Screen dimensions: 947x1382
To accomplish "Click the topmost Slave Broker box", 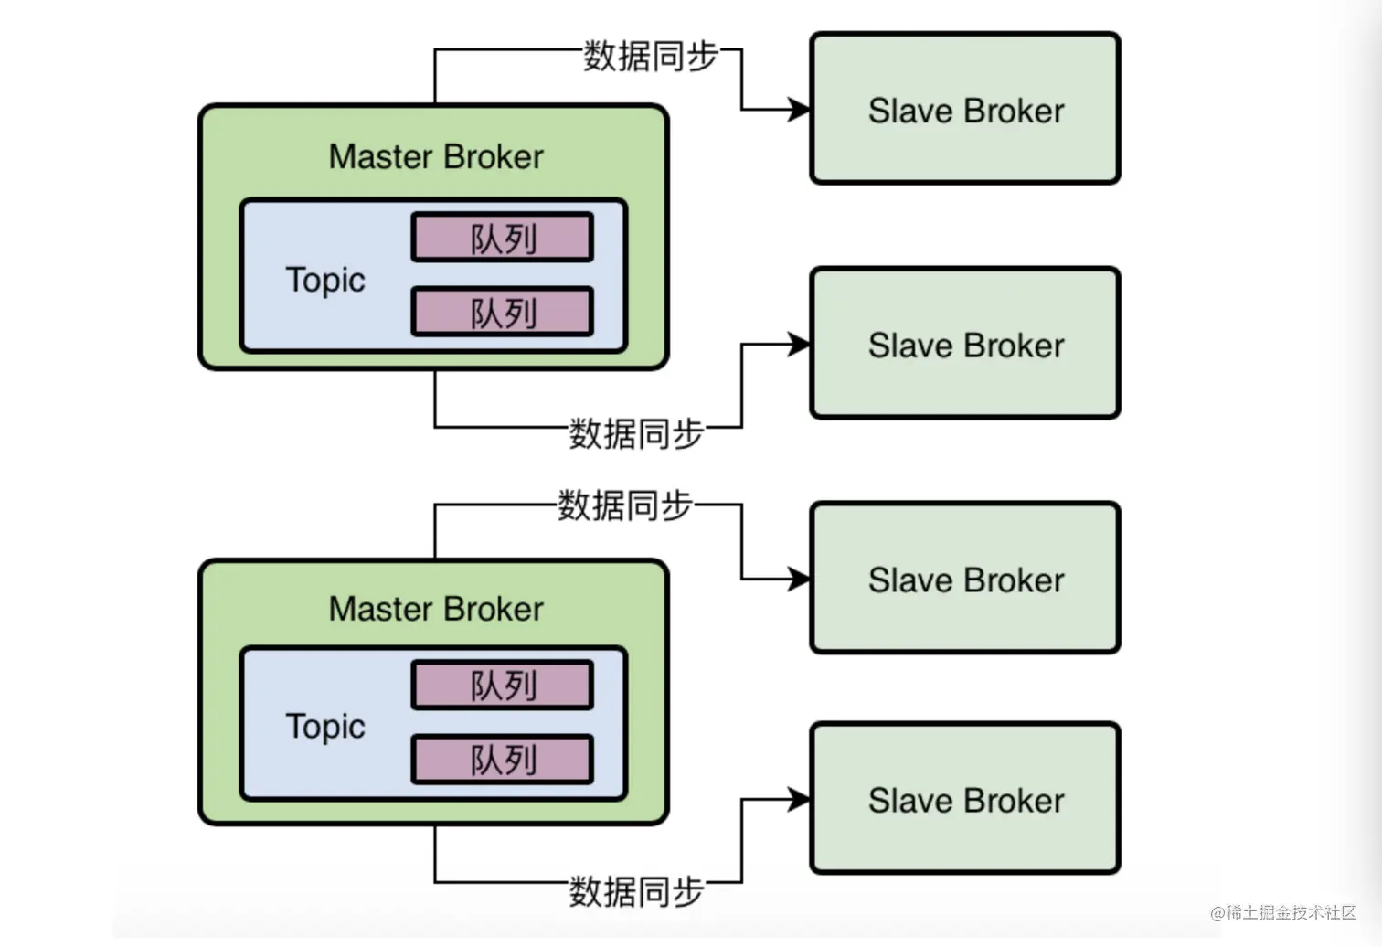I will pyautogui.click(x=965, y=110).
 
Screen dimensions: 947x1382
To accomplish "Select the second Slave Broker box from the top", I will pyautogui.click(x=965, y=345).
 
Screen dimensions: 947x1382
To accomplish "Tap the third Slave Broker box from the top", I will pyautogui.click(x=965, y=579).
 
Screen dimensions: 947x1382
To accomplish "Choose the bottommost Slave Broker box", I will pyautogui.click(x=965, y=799).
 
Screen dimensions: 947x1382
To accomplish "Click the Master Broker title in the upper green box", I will pyautogui.click(x=436, y=156).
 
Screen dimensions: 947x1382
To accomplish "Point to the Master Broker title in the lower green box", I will pyautogui.click(x=436, y=609).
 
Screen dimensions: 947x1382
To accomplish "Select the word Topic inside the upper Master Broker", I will pyautogui.click(x=325, y=280).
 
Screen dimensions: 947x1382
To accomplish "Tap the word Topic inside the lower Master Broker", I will pyautogui.click(x=325, y=726).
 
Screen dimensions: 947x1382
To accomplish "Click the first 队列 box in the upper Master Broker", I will pyautogui.click(x=503, y=238).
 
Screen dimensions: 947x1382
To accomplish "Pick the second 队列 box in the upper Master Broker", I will pyautogui.click(x=503, y=313).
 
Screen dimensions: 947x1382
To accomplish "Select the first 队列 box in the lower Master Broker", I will pyautogui.click(x=503, y=685).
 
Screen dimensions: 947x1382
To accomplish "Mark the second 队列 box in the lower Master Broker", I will pyautogui.click(x=503, y=760).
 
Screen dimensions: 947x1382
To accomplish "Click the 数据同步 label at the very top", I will pyautogui.click(x=651, y=56).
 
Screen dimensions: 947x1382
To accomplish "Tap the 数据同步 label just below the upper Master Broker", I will pyautogui.click(x=636, y=433).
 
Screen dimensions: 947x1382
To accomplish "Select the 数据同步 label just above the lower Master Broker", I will pyautogui.click(x=625, y=505).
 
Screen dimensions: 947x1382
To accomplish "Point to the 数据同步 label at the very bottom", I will pyautogui.click(x=636, y=890).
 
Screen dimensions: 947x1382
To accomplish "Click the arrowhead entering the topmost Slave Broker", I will pyautogui.click(x=800, y=110).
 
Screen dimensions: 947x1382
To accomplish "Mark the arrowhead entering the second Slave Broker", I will pyautogui.click(x=800, y=345).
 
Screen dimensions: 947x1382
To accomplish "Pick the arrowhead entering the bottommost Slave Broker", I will pyautogui.click(x=800, y=800).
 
